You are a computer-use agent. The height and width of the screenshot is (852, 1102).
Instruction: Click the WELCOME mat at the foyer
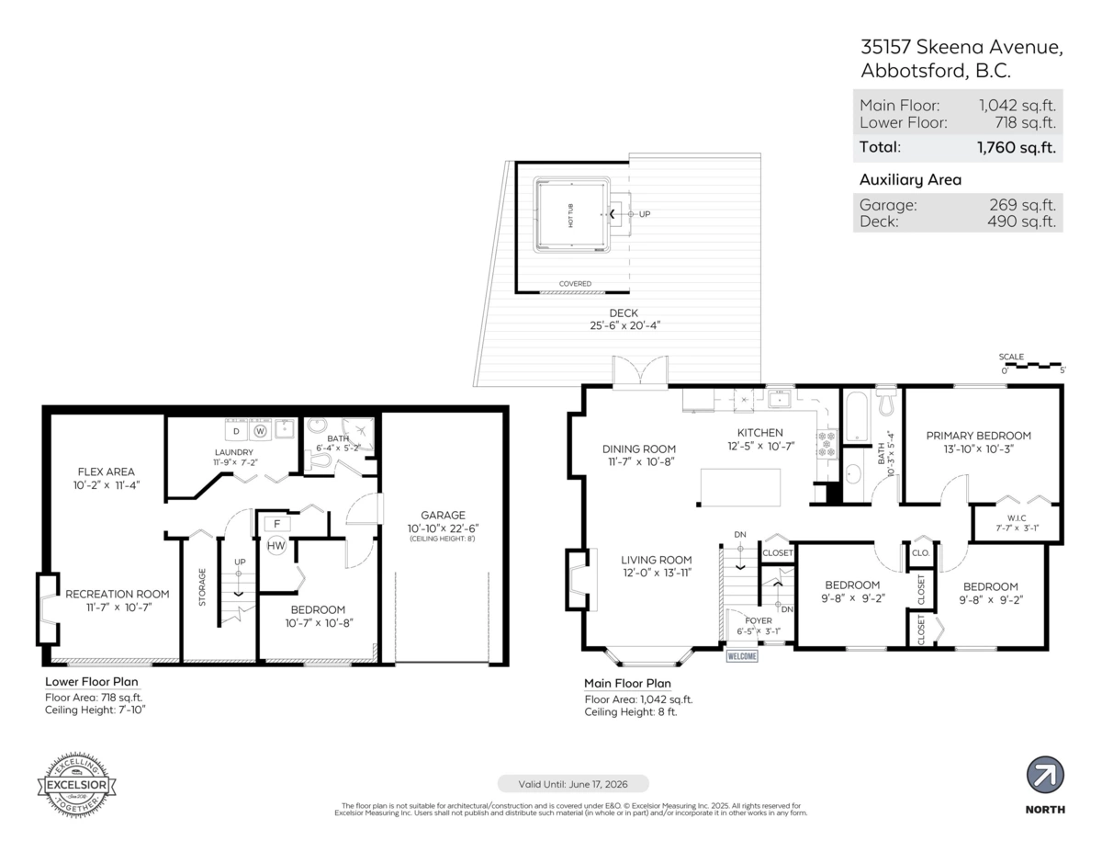click(742, 656)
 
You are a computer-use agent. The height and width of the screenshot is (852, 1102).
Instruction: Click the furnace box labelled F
click(276, 524)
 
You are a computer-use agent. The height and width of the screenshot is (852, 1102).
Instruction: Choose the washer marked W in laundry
click(260, 430)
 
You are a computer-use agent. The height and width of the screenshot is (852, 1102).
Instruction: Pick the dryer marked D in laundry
click(235, 430)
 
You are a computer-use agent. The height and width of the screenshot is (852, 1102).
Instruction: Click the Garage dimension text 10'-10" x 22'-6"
click(444, 528)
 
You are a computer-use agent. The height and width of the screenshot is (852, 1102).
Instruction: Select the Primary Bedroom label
click(978, 436)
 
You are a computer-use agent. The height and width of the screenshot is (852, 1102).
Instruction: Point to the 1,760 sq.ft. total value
click(1017, 147)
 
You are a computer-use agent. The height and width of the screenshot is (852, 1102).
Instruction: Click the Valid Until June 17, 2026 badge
click(573, 784)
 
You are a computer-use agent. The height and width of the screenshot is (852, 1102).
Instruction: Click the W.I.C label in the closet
click(1017, 517)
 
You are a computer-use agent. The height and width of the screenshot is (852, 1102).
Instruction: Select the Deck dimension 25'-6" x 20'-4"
click(624, 325)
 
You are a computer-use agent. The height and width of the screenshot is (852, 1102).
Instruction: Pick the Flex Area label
click(107, 471)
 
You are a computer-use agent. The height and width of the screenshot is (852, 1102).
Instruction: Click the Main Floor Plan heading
click(627, 683)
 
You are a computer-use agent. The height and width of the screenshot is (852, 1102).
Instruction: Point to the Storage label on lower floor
click(203, 587)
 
